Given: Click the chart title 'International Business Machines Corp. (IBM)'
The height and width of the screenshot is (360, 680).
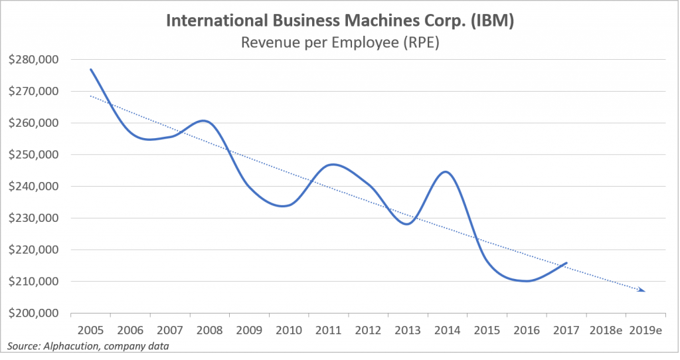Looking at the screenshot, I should [x=339, y=21].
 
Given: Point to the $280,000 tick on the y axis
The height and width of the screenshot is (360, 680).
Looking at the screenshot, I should [x=33, y=60].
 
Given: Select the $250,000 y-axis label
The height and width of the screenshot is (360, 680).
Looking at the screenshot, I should [x=33, y=155].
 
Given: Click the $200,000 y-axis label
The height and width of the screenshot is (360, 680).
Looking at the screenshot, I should [x=33, y=313].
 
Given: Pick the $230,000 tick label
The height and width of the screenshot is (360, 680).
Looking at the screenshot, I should [x=33, y=218].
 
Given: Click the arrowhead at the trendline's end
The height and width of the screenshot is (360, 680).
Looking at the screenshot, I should [x=642, y=290].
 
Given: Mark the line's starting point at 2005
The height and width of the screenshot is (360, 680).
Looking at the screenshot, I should [x=90, y=69].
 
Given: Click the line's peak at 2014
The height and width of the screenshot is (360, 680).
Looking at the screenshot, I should [x=446, y=172].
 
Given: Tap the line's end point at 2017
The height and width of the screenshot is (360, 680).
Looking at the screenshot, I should [x=566, y=263].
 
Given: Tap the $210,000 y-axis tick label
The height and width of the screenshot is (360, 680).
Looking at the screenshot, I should [x=33, y=282].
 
